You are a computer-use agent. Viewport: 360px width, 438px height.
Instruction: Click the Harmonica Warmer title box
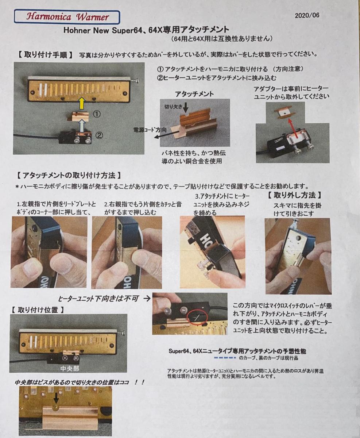coord(67,17)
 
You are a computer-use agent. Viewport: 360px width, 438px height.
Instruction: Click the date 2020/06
coord(307,15)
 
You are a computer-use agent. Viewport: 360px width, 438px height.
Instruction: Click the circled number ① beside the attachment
coord(97,114)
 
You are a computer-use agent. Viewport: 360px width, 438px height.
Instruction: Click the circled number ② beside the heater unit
coord(99,135)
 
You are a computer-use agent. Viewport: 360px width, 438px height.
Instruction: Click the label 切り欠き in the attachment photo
coord(173,107)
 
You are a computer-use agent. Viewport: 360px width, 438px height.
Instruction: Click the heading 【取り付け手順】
coord(46,55)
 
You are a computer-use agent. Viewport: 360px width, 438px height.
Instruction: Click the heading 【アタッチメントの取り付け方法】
coord(69,176)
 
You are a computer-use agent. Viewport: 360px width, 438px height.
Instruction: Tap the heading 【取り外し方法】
coord(295,195)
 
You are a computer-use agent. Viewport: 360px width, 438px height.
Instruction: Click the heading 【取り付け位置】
coord(38,310)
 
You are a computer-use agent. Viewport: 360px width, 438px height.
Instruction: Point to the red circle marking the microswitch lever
coord(197,317)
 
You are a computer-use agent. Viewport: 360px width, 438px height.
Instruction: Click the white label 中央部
coord(70,369)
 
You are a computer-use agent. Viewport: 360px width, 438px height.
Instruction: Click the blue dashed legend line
coord(225,358)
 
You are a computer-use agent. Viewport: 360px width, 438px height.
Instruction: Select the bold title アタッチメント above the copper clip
coord(194,94)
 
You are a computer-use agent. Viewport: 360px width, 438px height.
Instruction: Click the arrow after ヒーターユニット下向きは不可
coord(147,299)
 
